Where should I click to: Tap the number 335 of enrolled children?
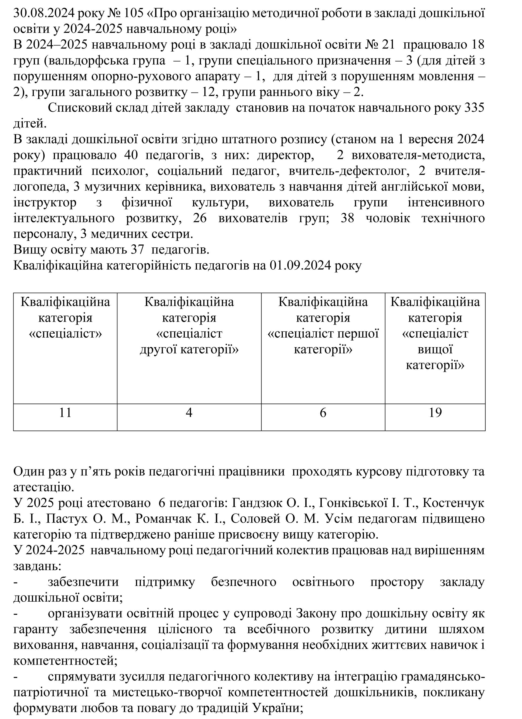point(474,108)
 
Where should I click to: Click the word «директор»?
point(285,155)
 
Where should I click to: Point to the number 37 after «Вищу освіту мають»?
point(137,250)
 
